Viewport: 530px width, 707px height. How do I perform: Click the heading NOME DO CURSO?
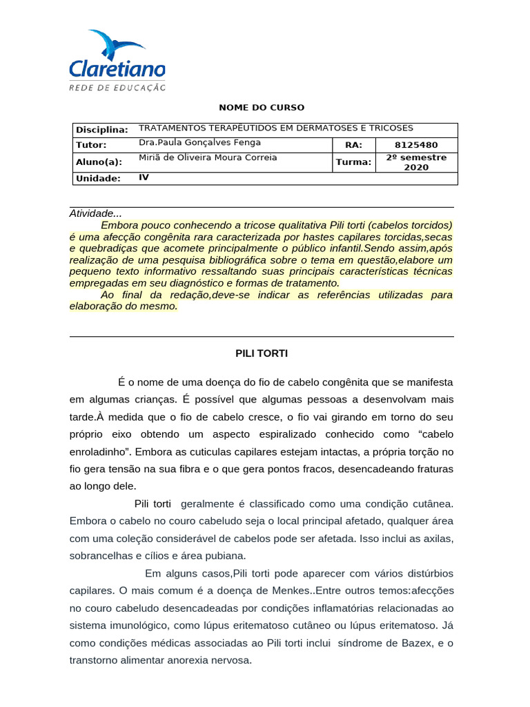point(261,108)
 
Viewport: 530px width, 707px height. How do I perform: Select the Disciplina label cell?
point(101,130)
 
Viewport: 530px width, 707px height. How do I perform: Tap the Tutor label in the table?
point(91,145)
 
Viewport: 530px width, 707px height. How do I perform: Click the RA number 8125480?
point(416,145)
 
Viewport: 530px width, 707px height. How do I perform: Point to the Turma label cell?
point(353,162)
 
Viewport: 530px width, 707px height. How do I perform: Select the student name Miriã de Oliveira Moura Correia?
point(208,157)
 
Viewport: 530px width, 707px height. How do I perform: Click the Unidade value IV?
point(144,177)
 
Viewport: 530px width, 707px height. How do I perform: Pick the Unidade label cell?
point(98,178)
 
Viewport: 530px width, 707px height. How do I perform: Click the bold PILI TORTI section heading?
point(261,353)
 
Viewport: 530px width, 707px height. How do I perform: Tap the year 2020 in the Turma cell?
point(416,168)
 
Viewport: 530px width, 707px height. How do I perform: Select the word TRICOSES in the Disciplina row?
point(390,128)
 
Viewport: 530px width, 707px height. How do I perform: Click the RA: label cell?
point(353,145)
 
